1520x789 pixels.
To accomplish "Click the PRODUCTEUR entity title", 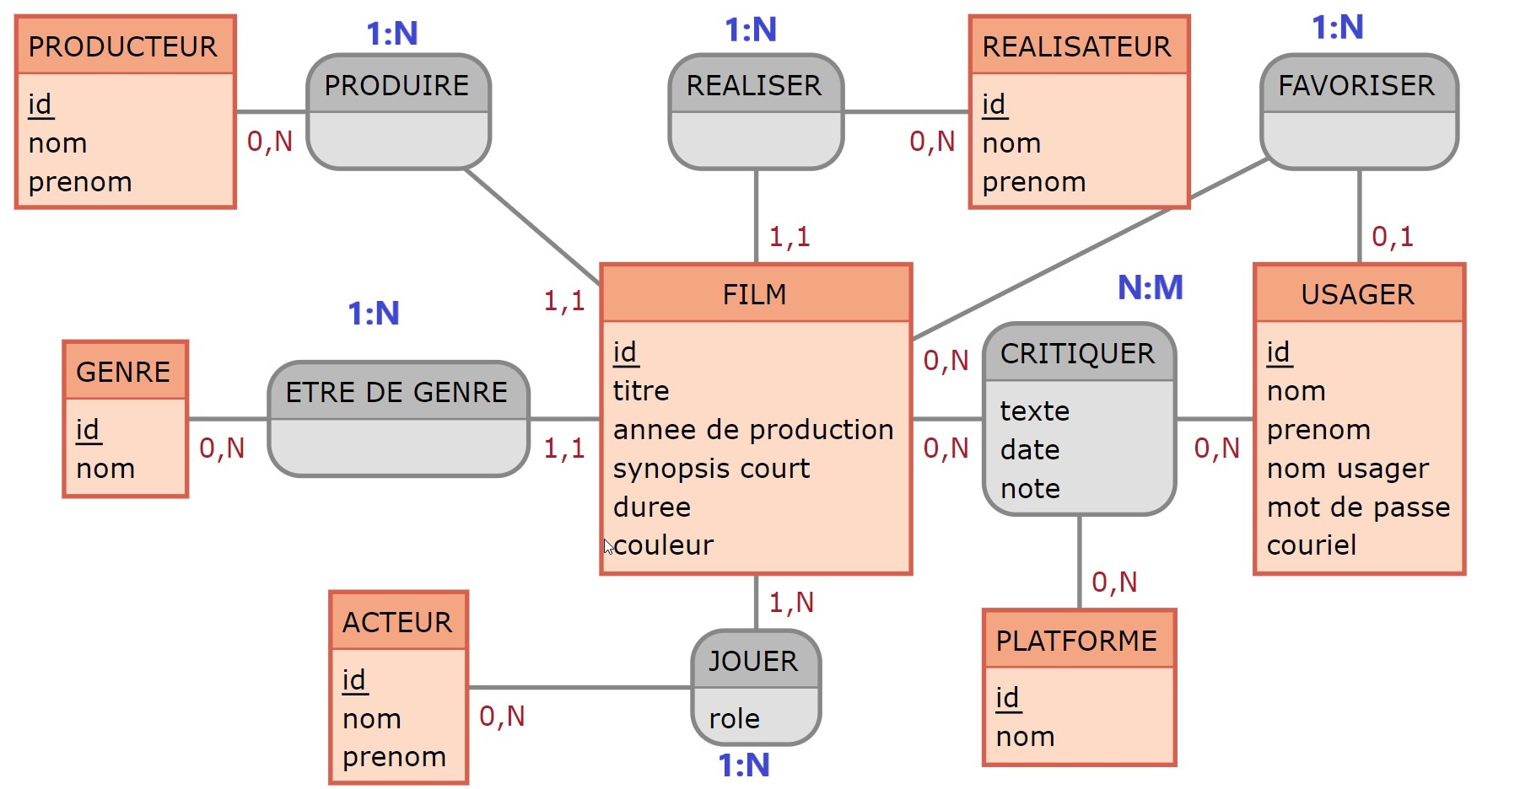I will (x=122, y=46).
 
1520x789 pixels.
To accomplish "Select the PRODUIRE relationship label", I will (x=396, y=85).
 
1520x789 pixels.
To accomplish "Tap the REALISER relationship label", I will (x=753, y=85).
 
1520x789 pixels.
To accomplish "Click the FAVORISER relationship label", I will (x=1356, y=85).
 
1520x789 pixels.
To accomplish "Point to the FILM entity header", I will (x=755, y=294).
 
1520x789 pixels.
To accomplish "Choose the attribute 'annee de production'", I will (x=752, y=430).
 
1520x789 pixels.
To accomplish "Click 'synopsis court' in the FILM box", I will (x=711, y=469).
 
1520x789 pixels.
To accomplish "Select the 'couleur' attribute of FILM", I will (x=663, y=545).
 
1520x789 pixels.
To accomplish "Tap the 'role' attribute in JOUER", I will (x=734, y=718).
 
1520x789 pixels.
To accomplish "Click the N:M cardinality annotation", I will (x=1150, y=287).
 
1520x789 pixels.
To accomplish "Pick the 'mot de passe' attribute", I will (x=1358, y=507).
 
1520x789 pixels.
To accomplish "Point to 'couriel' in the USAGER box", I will (x=1312, y=545).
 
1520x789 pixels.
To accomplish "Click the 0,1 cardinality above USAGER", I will (x=1392, y=237).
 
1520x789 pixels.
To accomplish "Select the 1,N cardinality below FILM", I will (x=791, y=602).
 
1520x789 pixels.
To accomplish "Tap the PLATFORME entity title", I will (x=1076, y=641).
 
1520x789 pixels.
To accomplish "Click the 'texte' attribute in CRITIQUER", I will (x=1034, y=411).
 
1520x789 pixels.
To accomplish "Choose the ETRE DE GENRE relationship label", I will (x=396, y=392).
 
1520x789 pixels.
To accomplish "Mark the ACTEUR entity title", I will (x=397, y=622).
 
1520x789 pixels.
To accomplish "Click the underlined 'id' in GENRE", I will (x=88, y=430).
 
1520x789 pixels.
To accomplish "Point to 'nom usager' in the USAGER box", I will (x=1347, y=469).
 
